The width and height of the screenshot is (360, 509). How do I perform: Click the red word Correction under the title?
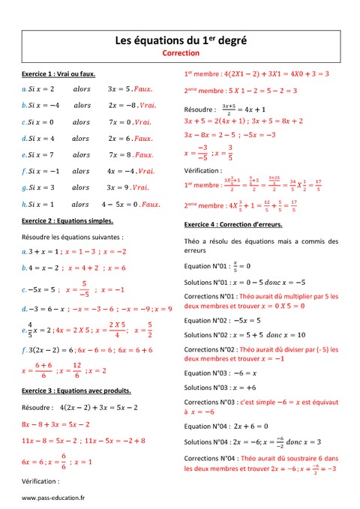tap(180, 54)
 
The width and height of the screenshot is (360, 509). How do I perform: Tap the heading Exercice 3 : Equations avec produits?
tap(76, 391)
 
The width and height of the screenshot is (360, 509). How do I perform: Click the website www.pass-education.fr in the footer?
tap(53, 498)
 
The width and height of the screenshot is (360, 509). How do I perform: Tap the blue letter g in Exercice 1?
tap(24, 188)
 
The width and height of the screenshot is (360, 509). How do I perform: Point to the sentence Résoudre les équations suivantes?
tap(67, 237)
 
